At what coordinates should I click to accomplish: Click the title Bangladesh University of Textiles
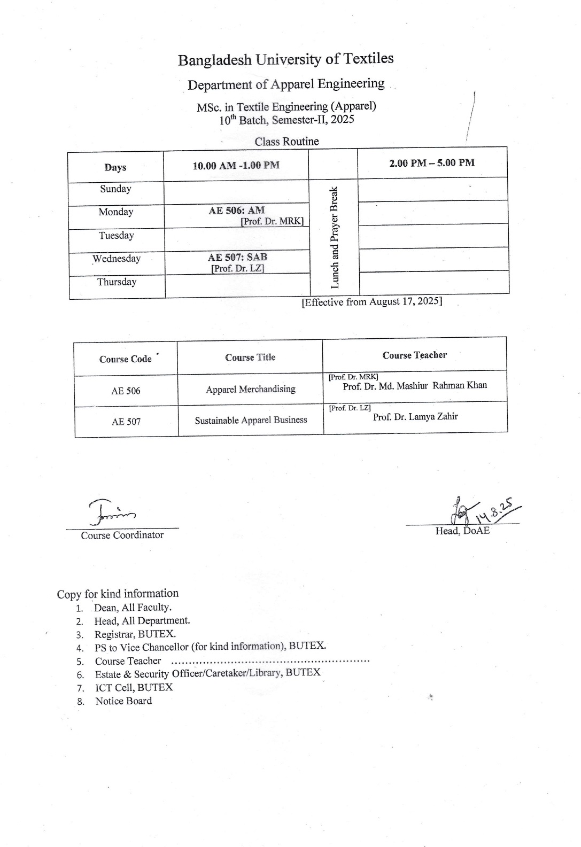[x=286, y=59]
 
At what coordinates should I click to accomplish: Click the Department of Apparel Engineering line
[x=286, y=84]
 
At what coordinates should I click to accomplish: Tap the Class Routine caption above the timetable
[x=286, y=142]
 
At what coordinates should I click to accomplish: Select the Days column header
[x=115, y=167]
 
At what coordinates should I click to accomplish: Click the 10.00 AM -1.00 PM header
[x=236, y=166]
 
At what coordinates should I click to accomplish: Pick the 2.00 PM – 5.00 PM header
[x=432, y=163]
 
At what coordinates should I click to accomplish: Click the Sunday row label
[x=115, y=189]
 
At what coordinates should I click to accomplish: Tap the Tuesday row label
[x=116, y=236]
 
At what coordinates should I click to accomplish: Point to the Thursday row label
[x=117, y=282]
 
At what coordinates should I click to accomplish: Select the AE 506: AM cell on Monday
[x=237, y=211]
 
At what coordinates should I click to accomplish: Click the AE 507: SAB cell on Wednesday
[x=237, y=257]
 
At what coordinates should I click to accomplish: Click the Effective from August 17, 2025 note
[x=372, y=302]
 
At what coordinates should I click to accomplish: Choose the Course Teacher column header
[x=414, y=355]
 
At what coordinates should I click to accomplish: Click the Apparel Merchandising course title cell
[x=251, y=390]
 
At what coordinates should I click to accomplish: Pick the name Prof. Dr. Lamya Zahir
[x=415, y=417]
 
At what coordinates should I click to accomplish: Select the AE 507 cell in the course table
[x=126, y=422]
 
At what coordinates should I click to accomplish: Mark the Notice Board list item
[x=123, y=701]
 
